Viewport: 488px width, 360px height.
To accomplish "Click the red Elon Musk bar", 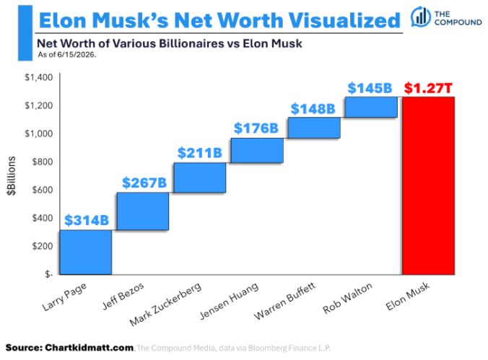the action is [x=428, y=185].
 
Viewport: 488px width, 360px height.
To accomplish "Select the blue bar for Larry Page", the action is [x=86, y=252].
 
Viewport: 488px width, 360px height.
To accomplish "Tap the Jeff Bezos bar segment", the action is [x=143, y=211].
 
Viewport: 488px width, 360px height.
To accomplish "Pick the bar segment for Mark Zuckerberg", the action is [x=200, y=177].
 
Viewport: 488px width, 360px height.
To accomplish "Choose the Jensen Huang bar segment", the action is [x=257, y=150].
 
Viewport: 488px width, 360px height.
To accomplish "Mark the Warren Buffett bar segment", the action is [x=314, y=128].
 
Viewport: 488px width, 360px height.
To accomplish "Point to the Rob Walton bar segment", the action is [x=371, y=107].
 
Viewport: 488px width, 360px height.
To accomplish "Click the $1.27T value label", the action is [x=428, y=88].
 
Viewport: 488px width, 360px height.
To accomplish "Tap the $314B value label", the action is [x=87, y=220].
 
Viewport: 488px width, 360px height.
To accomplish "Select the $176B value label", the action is [x=256, y=128].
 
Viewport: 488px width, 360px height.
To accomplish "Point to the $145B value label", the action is [x=370, y=88].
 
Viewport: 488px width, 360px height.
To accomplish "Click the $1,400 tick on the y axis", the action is [x=39, y=77].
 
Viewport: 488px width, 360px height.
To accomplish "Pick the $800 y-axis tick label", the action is [x=43, y=162].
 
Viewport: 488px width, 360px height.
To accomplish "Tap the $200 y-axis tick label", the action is [x=43, y=246].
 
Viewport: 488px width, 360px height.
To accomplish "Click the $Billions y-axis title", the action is [x=12, y=176].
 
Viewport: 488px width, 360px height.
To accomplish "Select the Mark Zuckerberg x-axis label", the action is [x=165, y=304].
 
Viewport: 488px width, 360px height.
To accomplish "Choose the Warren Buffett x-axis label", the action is [x=284, y=301].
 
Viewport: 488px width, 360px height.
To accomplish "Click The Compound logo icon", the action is [x=421, y=16].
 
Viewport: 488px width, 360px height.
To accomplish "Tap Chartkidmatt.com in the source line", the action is [x=90, y=348].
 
